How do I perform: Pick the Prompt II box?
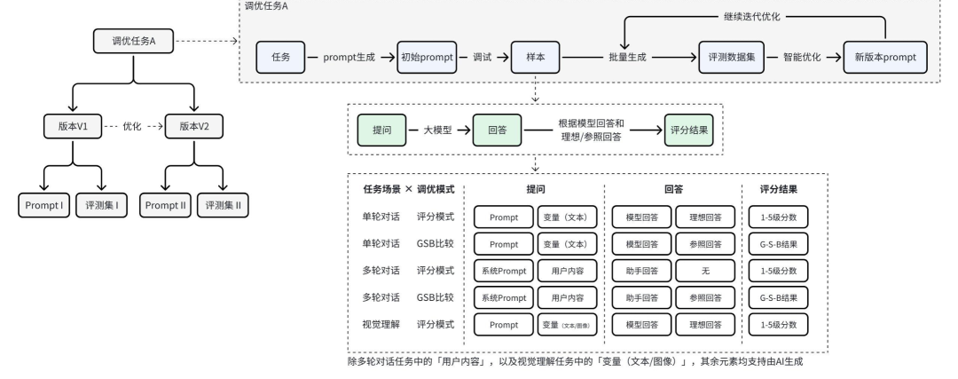click(x=166, y=205)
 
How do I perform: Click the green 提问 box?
click(x=381, y=130)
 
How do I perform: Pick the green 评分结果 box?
click(x=692, y=130)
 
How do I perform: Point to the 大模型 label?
click(x=439, y=130)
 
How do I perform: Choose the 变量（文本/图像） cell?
click(x=568, y=325)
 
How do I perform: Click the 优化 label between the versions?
click(x=132, y=127)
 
